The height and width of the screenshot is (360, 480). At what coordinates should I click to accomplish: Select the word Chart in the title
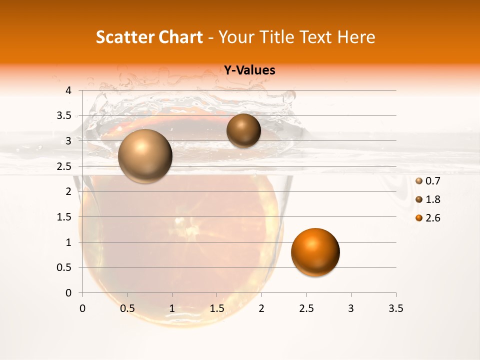pos(181,37)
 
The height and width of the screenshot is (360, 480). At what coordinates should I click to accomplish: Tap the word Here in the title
pos(356,37)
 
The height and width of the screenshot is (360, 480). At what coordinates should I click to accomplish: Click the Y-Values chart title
pos(249,70)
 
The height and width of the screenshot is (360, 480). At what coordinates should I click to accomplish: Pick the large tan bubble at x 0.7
pos(145,156)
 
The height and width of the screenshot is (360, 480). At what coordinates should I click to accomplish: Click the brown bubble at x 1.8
pos(243,130)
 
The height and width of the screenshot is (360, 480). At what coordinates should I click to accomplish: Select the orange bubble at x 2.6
pos(315,252)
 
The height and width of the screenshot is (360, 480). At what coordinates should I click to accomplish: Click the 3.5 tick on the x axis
pos(395,308)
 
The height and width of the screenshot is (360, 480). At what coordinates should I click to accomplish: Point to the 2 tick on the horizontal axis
pos(261,308)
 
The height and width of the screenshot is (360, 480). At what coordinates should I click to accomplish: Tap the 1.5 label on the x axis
pos(217,308)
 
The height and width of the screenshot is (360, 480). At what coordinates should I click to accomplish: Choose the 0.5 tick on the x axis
pos(127,308)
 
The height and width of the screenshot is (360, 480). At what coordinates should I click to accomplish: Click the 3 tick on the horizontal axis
pos(351,308)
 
